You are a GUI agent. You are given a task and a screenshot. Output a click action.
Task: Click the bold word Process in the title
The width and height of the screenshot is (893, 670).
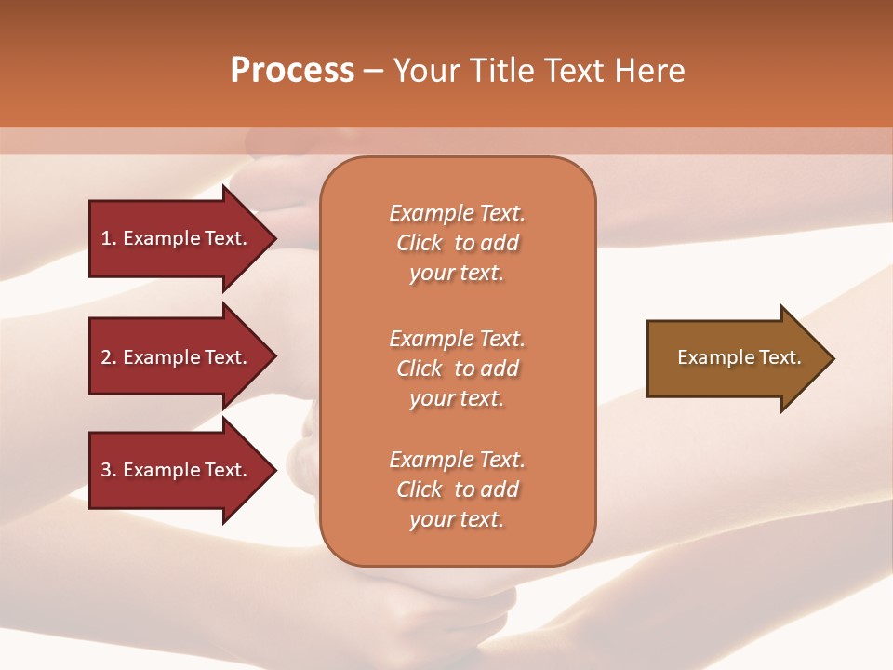292,71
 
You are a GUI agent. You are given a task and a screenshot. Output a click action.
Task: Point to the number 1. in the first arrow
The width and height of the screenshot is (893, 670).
110,238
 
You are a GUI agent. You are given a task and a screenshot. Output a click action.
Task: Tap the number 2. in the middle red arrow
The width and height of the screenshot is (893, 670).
110,357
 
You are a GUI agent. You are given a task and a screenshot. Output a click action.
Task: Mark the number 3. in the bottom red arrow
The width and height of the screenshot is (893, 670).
110,470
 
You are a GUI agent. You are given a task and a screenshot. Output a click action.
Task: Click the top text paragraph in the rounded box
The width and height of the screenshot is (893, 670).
457,243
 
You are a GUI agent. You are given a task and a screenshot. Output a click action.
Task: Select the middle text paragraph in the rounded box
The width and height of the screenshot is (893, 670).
457,368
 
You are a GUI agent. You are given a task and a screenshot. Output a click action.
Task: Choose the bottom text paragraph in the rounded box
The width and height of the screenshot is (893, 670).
457,489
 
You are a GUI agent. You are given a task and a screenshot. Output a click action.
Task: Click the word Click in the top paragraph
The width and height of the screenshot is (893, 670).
420,243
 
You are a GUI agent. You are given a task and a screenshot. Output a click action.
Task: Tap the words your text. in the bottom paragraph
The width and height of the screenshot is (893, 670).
457,519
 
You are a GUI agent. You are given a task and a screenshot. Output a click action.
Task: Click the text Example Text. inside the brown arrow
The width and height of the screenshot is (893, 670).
739,357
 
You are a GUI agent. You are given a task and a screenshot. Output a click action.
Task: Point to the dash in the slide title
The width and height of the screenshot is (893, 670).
373,72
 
